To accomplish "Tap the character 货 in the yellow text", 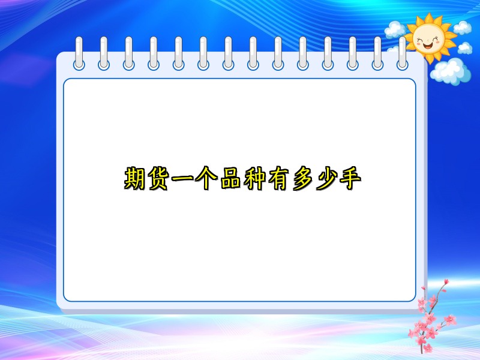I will tap(159, 179).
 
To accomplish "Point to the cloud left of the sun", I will tap(395, 28).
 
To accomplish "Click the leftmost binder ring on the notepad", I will tap(79, 53).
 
